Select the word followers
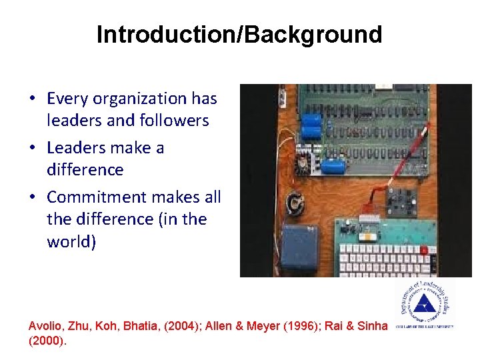point(175,121)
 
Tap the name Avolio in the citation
point(46,326)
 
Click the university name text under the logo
point(425,327)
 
